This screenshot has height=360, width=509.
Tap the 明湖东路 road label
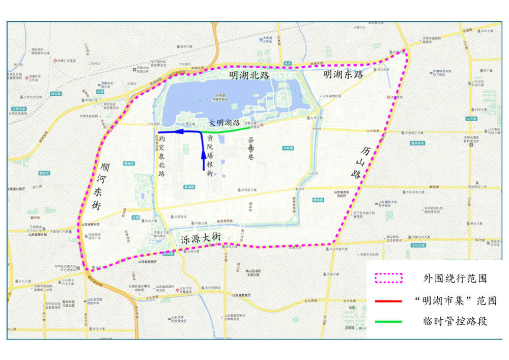(x=344, y=75)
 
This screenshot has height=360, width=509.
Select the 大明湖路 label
(x=224, y=123)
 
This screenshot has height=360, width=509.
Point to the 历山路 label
(x=360, y=162)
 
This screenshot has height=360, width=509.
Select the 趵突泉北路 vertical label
(x=161, y=156)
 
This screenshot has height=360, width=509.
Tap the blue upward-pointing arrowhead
(x=204, y=154)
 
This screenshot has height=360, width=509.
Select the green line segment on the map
(x=229, y=130)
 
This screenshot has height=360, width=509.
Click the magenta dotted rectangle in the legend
(x=388, y=279)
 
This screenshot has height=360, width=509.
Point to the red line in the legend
(x=388, y=301)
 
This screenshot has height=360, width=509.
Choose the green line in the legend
(x=388, y=322)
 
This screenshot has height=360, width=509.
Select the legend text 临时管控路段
(x=455, y=322)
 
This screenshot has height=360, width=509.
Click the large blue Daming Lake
(x=224, y=97)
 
